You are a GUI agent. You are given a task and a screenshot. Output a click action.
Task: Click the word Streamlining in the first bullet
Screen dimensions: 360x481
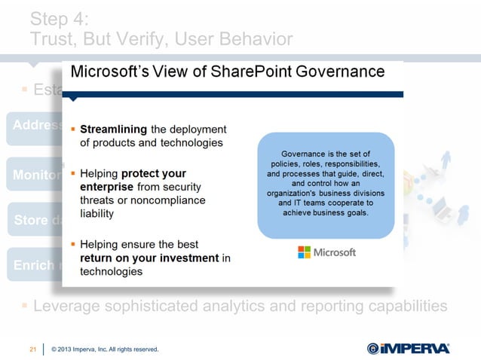click(x=114, y=128)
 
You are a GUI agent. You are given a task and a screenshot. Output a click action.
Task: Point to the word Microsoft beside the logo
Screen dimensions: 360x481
click(x=334, y=252)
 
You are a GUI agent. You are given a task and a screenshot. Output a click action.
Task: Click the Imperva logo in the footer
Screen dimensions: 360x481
click(x=408, y=348)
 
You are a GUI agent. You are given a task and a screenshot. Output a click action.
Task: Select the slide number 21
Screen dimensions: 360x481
click(x=32, y=349)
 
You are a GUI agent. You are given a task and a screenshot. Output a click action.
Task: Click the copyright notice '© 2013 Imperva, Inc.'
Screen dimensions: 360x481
click(x=105, y=349)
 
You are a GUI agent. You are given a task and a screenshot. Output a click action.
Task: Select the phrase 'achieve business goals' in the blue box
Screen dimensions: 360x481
click(x=326, y=212)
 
